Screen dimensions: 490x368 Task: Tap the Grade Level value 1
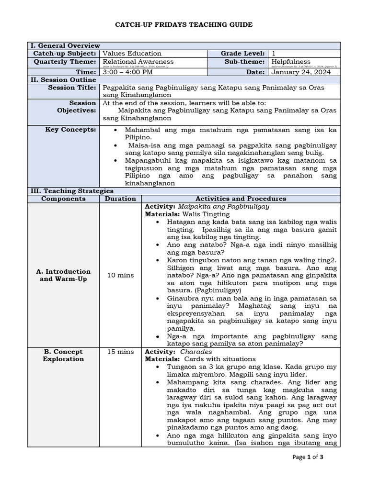coord(274,54)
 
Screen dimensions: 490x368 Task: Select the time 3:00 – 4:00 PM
coord(128,72)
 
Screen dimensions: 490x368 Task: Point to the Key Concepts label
coord(70,130)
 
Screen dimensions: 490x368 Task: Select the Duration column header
coord(120,199)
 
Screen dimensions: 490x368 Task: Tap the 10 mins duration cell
coord(120,275)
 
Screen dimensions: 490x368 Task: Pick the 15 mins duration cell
coord(120,352)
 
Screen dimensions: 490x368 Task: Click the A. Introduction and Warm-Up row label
coord(63,275)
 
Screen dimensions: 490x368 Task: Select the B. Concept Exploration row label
coord(63,355)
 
